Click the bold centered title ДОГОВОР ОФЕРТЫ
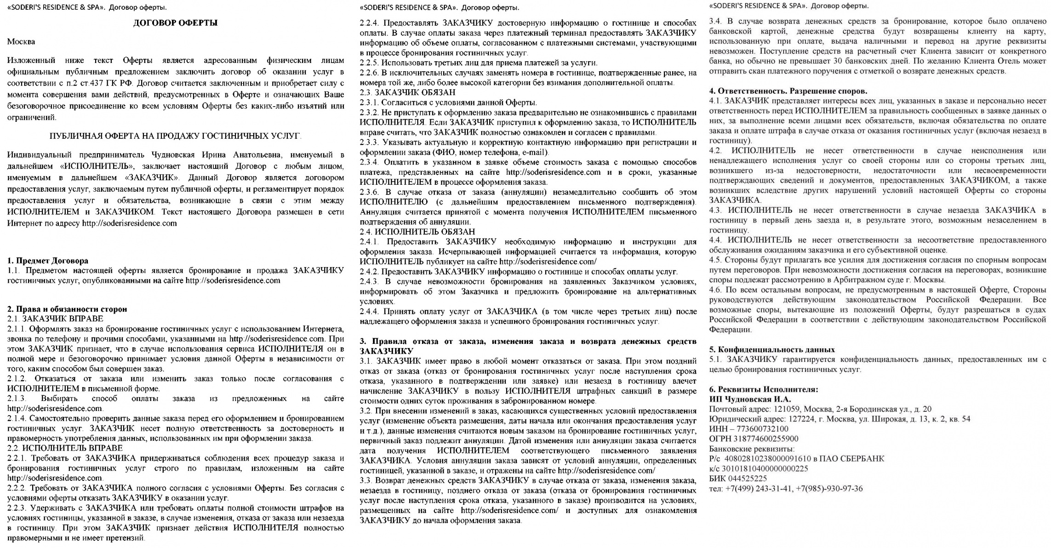175,23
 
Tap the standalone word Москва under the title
21,42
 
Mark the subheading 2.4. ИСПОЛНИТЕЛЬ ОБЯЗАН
417,232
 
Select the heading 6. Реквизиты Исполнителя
764,389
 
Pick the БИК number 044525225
746,478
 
